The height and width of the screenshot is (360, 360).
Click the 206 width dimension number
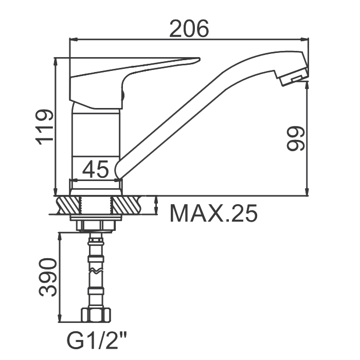click(189, 28)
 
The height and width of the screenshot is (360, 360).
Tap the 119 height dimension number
click(44, 128)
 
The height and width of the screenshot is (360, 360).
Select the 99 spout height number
click(296, 138)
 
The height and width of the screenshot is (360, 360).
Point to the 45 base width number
click(95, 169)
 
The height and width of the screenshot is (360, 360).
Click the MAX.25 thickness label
click(213, 213)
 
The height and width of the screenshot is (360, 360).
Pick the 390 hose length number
click(47, 277)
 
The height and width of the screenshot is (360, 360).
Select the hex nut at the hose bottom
click(96, 315)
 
